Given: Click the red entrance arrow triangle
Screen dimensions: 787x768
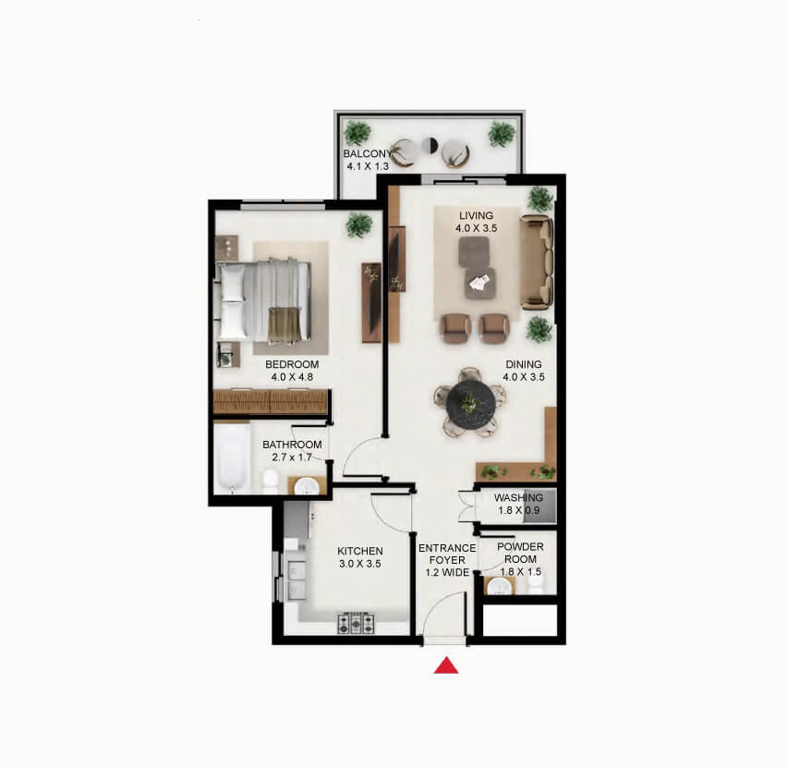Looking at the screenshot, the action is (x=446, y=665).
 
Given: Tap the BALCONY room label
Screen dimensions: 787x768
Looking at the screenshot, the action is (x=368, y=153).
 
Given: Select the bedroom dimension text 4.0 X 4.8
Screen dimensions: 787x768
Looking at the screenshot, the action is (x=292, y=377).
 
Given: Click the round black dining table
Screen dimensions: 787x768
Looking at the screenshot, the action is (x=471, y=403).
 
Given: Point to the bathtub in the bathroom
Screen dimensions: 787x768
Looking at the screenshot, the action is (x=233, y=458).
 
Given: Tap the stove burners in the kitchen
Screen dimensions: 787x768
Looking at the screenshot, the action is (x=356, y=623).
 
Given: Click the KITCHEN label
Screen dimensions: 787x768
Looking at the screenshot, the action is (x=360, y=551).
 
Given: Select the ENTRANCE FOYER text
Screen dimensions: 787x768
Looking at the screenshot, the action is (x=447, y=554).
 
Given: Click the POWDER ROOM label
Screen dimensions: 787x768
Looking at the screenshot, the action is (x=520, y=553).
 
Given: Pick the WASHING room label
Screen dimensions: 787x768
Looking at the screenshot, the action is (x=518, y=498).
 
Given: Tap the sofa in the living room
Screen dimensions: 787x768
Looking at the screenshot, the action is (x=537, y=262).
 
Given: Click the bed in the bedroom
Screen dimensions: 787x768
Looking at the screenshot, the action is (x=263, y=301).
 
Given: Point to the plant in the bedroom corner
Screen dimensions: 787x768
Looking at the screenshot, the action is (x=359, y=225).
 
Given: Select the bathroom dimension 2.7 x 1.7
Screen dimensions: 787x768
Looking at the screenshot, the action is (x=292, y=457).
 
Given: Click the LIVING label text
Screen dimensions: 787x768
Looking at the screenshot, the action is (x=477, y=215).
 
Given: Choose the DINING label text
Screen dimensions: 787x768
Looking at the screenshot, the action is (x=524, y=364).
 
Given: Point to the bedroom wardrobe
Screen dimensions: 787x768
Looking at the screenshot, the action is (x=271, y=402).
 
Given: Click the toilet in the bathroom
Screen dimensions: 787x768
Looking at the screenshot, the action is (x=271, y=481).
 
